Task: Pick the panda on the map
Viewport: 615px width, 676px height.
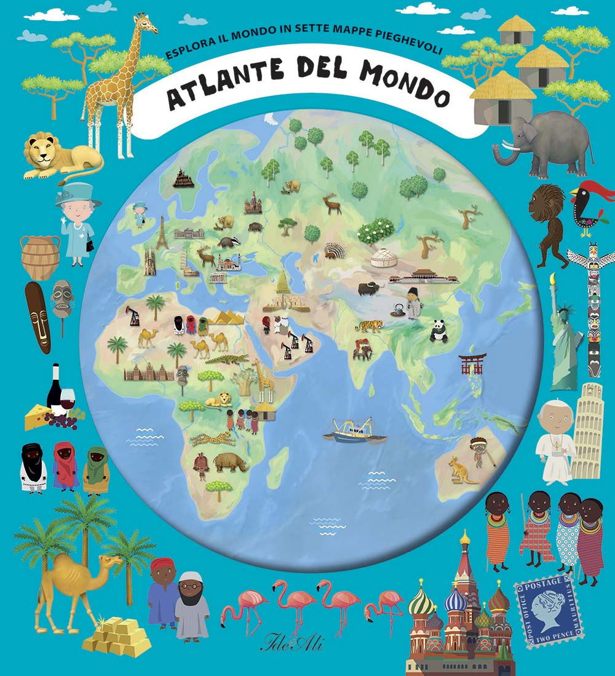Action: (438, 332)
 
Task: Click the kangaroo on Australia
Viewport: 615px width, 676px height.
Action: (456, 470)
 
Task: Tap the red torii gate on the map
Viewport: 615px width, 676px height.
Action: (473, 364)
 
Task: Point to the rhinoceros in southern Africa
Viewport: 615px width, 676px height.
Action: (231, 461)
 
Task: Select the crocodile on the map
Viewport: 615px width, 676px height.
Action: (226, 359)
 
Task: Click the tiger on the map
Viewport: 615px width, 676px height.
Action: (369, 325)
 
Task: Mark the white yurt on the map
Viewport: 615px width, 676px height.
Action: (383, 257)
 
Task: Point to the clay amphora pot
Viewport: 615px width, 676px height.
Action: (40, 255)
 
